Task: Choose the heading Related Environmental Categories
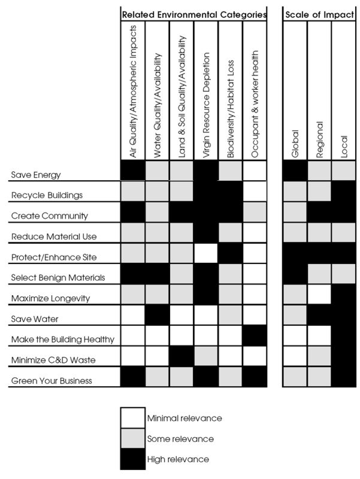193,13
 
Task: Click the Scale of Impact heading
319,13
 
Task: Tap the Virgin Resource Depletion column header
206,105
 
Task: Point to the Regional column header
319,140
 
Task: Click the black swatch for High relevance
132,459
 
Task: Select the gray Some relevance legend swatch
132,438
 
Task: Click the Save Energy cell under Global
295,172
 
